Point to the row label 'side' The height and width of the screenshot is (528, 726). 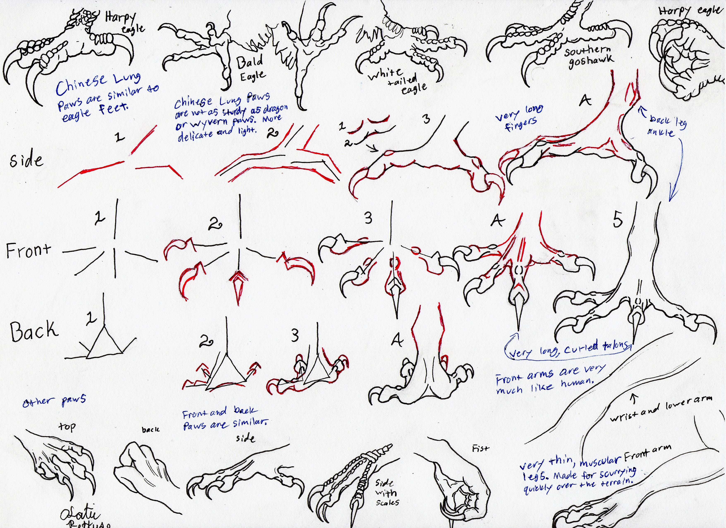click(26, 160)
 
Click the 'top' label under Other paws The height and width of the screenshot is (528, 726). click(67, 427)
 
